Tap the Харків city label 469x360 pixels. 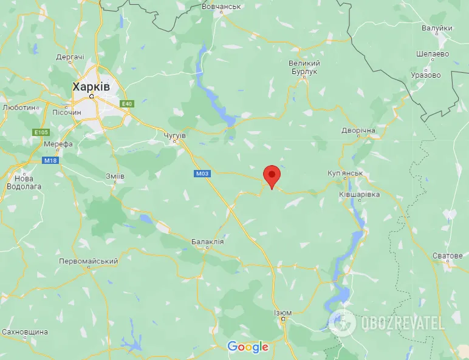pos(91,87)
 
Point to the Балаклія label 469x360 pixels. pos(207,242)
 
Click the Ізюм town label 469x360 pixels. pos(282,313)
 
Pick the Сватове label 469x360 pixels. pos(448,256)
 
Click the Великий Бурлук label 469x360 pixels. pos(304,67)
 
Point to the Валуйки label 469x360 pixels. pos(437,28)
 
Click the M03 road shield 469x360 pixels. pos(202,174)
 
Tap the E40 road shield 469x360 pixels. pos(126,104)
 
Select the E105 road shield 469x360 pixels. pos(41,132)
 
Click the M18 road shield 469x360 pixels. pos(50,160)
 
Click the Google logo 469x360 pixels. pos(247,347)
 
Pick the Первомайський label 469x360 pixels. pos(88,261)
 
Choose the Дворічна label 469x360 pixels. pos(358,131)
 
